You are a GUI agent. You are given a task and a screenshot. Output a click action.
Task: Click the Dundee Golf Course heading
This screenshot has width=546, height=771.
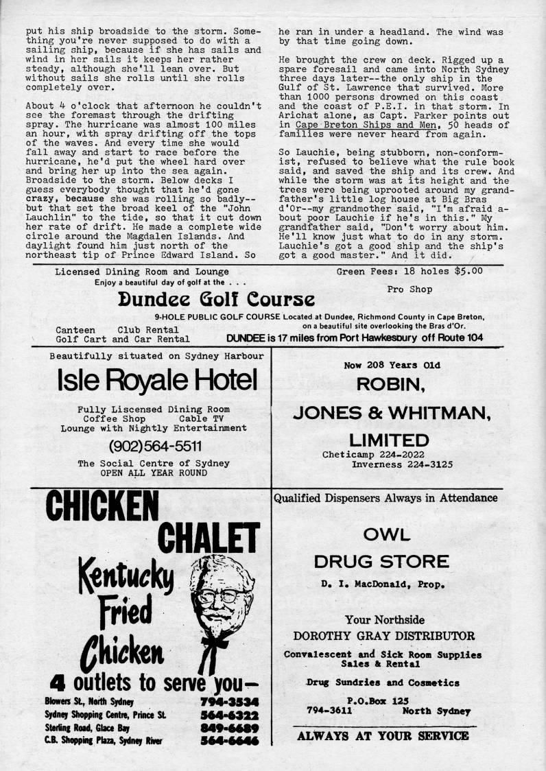[x=216, y=299]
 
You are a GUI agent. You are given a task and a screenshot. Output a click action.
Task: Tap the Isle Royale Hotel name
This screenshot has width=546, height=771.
[x=158, y=379]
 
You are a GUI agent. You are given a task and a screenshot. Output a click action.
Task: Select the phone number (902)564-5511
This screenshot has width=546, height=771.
[x=155, y=446]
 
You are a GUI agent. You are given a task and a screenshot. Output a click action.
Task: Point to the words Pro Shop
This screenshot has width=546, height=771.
[x=409, y=289]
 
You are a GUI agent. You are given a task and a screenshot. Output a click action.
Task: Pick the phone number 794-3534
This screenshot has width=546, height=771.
[x=230, y=702]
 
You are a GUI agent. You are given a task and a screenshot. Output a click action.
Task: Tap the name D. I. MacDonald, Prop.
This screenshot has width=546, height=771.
[x=382, y=585]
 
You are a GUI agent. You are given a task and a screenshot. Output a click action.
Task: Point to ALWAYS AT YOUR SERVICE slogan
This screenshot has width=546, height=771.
[x=383, y=736]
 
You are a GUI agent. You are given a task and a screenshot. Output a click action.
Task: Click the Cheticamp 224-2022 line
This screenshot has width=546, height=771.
[x=383, y=454]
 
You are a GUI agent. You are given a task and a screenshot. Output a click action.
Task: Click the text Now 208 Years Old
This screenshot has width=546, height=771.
[x=382, y=365]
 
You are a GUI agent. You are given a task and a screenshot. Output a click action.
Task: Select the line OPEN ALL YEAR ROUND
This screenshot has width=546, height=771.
[x=154, y=473]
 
